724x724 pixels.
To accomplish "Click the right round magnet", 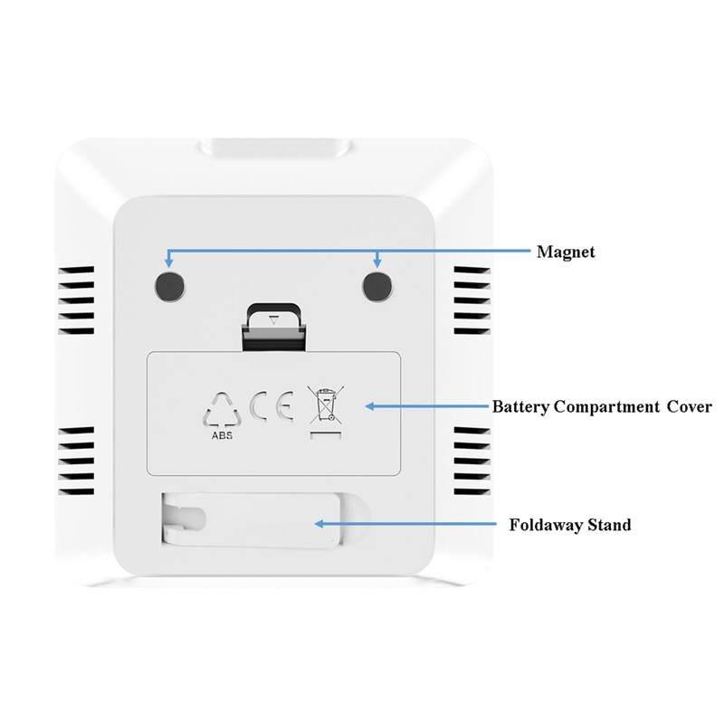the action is pos(377,286).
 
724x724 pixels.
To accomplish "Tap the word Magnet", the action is pos(565,252).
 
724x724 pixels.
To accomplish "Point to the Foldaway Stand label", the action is pos(570,524).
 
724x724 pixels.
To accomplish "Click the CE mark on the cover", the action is pos(271,406).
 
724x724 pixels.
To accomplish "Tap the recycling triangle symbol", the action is pos(222,410).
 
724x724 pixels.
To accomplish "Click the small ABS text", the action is pos(222,436).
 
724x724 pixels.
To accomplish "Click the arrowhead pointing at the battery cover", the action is pos(368,406).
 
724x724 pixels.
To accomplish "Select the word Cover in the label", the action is pos(690,406).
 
